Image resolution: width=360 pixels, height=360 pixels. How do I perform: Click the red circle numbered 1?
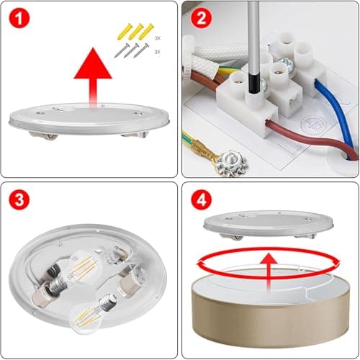point(19,18)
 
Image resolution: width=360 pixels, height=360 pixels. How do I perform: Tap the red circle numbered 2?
point(201,18)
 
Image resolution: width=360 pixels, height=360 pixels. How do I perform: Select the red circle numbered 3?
point(19,199)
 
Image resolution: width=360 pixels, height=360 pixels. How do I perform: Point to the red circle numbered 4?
point(201,199)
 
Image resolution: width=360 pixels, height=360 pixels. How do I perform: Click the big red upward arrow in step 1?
point(93,77)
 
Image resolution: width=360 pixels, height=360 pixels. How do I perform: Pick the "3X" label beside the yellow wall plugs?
point(158,38)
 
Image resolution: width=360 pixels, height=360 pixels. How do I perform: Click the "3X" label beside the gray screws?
point(157,52)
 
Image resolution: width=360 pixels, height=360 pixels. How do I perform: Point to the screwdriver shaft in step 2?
point(253,48)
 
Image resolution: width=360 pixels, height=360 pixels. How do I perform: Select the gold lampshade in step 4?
point(271,310)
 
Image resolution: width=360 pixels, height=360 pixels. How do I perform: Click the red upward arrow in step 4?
point(269,272)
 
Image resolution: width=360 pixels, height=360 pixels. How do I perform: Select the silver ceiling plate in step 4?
point(269,225)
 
